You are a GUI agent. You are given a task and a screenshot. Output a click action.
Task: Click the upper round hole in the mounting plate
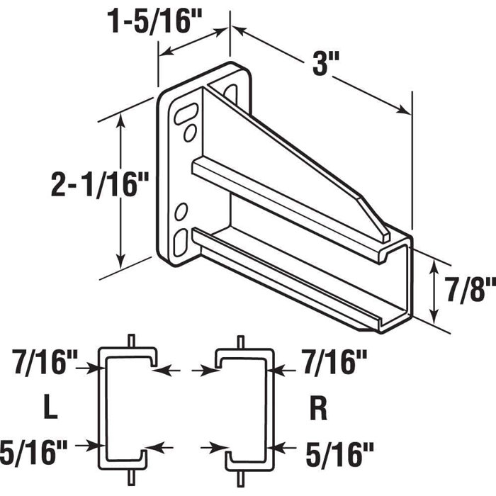click(189, 133)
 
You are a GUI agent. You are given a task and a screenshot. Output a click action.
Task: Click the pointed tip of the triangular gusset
click(383, 230)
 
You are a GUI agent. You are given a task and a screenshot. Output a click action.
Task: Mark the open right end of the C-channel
click(397, 283)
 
